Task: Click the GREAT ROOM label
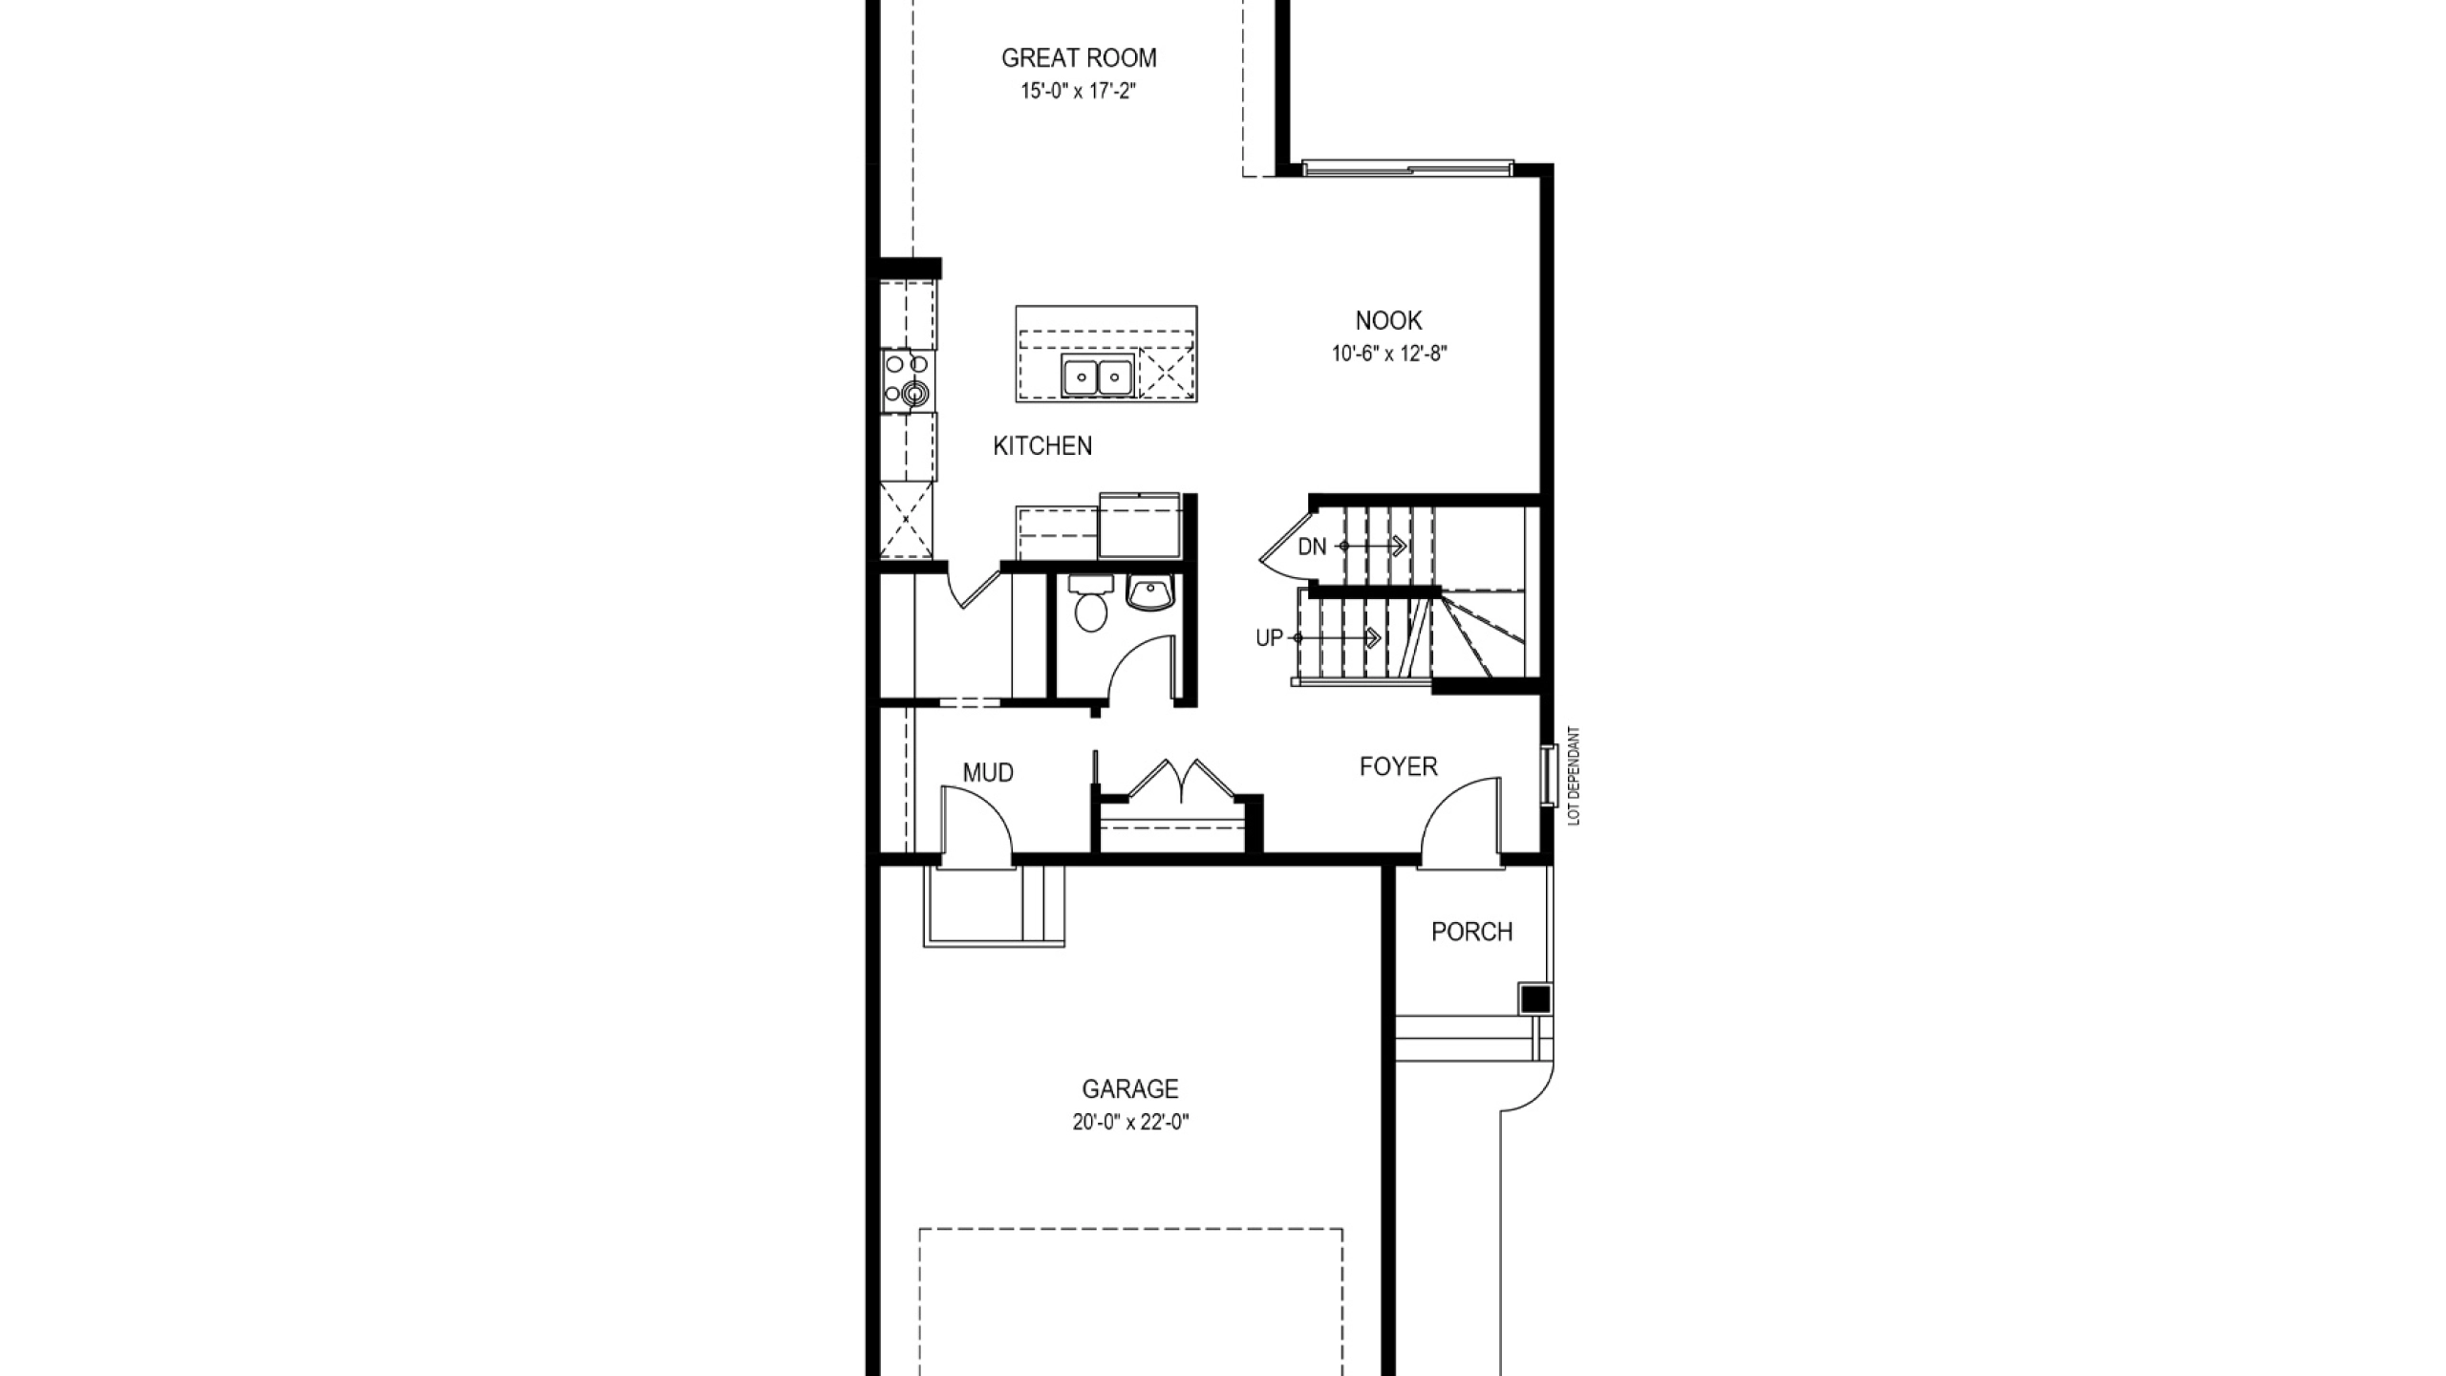[x=1079, y=58]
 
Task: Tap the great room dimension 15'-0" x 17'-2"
[x=1078, y=92]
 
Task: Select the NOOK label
[x=1388, y=320]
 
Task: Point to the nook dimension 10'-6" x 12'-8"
[x=1389, y=354]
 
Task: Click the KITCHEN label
[x=1042, y=446]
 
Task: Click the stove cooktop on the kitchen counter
[x=239, y=380]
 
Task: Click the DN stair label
[x=1312, y=548]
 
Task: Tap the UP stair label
[x=1269, y=638]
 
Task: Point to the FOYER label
[x=1398, y=766]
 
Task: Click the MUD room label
[x=988, y=773]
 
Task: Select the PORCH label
[x=1471, y=932]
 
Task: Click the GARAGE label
[x=1130, y=1088]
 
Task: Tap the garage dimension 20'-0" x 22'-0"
[x=1130, y=1123]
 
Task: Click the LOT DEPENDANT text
[x=1575, y=776]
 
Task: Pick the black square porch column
[x=1535, y=1000]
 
